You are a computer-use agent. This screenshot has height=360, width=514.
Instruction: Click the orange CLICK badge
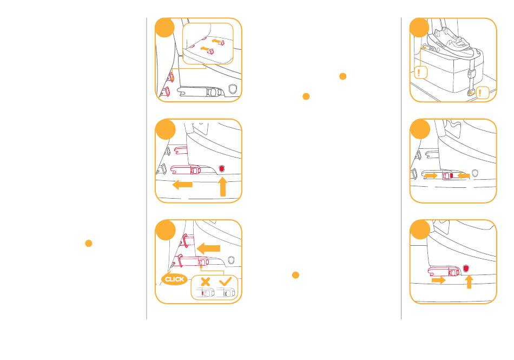[174, 279]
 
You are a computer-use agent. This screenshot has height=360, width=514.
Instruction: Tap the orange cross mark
[205, 282]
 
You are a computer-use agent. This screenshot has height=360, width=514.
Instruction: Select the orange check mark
[225, 281]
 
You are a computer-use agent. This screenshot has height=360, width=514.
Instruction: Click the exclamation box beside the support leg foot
[482, 93]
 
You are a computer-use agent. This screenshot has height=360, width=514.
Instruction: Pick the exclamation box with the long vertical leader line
[421, 73]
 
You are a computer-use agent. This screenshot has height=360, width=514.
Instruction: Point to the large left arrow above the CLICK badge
[208, 248]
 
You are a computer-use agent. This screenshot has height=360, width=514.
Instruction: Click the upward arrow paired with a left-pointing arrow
[223, 187]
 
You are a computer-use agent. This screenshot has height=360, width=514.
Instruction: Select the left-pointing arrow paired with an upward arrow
[182, 185]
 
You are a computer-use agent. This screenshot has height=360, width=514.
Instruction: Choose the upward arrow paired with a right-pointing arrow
[469, 282]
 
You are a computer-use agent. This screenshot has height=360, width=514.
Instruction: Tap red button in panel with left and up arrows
[222, 168]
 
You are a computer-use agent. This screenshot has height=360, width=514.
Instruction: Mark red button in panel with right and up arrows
[466, 269]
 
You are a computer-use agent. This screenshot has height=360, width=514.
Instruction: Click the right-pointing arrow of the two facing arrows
[431, 176]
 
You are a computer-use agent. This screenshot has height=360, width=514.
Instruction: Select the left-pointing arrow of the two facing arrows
[464, 176]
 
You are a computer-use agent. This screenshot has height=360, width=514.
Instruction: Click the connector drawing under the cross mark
[205, 292]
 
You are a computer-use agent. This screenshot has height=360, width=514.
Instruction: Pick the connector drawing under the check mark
[226, 292]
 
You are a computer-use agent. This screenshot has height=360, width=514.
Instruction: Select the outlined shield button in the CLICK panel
[231, 260]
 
